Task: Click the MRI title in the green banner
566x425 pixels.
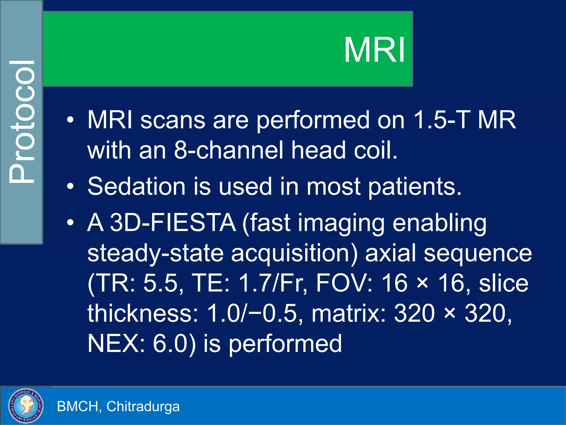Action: click(374, 50)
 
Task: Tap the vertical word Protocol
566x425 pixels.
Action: click(22, 122)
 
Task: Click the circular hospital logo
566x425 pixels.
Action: click(26, 406)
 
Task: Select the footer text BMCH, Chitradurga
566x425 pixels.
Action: click(118, 406)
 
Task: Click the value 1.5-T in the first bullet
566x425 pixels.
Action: click(442, 120)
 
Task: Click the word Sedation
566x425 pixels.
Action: click(136, 186)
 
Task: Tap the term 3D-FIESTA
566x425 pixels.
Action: click(173, 223)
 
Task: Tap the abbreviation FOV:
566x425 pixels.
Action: click(344, 283)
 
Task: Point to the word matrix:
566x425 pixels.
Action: click(348, 313)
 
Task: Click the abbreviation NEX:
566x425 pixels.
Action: click(116, 344)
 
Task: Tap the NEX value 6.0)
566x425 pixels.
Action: click(174, 344)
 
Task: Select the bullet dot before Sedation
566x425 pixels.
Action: click(70, 186)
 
